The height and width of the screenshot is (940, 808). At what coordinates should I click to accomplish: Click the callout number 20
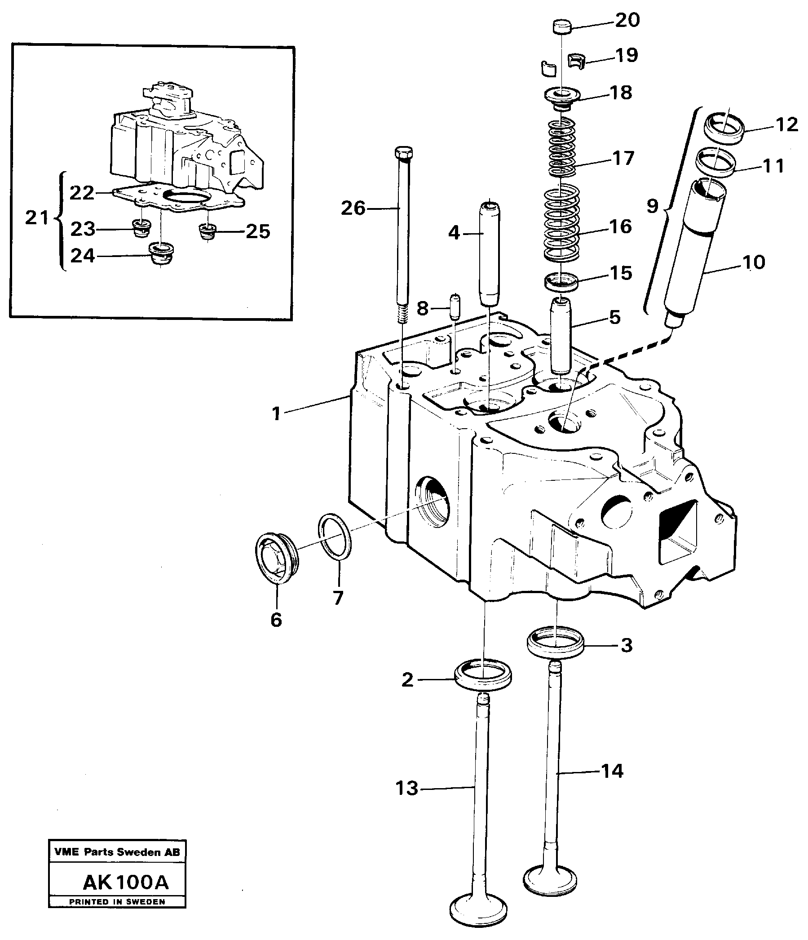tap(627, 20)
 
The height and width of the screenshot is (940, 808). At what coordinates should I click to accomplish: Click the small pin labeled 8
tap(455, 308)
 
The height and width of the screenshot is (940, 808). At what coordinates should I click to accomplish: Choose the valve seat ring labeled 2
tap(483, 679)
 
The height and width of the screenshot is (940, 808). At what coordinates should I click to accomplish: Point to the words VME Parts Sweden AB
tap(117, 852)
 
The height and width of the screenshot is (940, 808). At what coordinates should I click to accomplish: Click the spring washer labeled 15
tap(561, 282)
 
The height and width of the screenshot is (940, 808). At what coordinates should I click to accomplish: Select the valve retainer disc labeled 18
tap(561, 97)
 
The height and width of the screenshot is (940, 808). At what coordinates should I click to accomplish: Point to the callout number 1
tap(276, 413)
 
